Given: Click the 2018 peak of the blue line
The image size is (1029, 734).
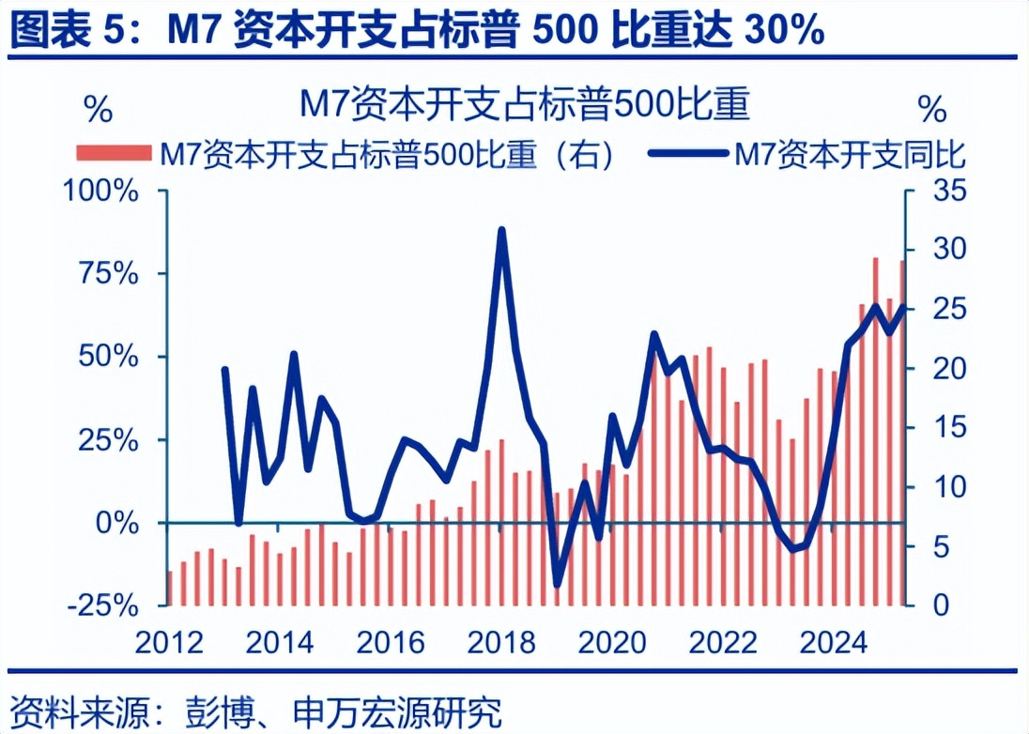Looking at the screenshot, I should click(x=501, y=230).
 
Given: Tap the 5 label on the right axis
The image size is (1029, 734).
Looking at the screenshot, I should click(x=924, y=546).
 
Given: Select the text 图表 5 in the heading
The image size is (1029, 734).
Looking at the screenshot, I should click(x=68, y=32).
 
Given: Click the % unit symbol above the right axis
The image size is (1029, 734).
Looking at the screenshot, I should click(x=932, y=110).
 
